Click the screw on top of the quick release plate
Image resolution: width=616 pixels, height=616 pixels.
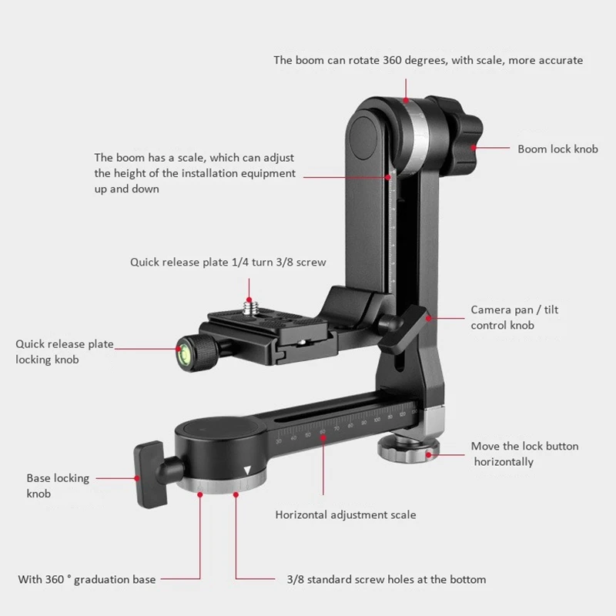point(249,307)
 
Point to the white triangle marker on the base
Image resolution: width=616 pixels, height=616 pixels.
point(247,470)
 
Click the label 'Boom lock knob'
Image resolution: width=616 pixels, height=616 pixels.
point(557,149)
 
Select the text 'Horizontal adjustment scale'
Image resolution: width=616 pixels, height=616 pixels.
point(346,514)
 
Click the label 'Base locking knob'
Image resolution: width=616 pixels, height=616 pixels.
point(58,485)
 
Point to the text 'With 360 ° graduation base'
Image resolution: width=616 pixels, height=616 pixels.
point(87,579)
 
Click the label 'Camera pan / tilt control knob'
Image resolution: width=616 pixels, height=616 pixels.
point(514,317)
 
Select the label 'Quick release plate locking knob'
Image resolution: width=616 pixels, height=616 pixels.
point(65,351)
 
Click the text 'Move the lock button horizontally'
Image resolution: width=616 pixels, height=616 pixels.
point(524,454)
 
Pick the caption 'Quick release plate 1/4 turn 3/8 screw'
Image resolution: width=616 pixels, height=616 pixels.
point(228,262)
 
